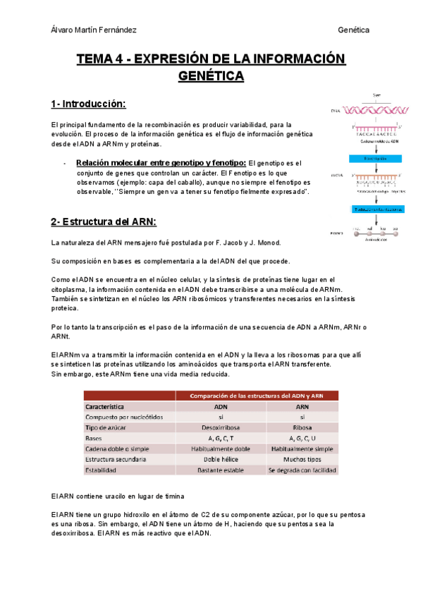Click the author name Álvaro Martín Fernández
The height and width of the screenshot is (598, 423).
tap(94, 30)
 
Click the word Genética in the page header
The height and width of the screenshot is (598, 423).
tap(354, 30)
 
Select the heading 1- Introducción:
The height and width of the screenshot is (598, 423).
tap(88, 104)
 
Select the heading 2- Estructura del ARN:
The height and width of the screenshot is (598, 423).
tap(103, 221)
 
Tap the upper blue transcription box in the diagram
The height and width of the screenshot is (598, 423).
tap(378, 159)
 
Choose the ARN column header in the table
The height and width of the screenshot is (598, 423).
tap(302, 407)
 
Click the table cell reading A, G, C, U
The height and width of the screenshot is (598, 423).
tap(302, 438)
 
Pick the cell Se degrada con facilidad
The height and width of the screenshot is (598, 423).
tap(302, 470)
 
